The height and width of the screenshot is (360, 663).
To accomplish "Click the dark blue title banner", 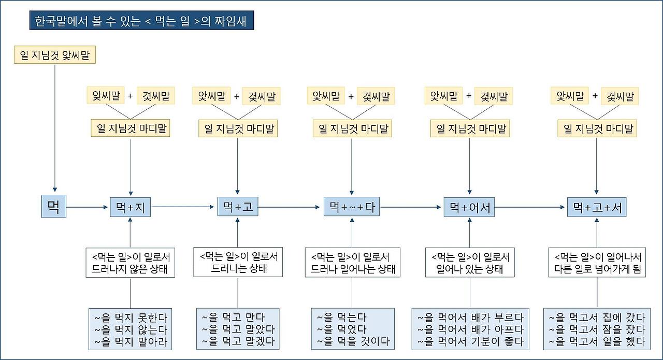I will click(x=142, y=21).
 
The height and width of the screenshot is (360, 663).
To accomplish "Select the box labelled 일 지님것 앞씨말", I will click(x=54, y=55).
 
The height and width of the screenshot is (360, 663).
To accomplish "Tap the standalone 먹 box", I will click(x=54, y=207).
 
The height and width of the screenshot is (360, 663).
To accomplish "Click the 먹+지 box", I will click(x=130, y=207).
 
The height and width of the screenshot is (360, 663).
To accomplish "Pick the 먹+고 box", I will click(x=238, y=207).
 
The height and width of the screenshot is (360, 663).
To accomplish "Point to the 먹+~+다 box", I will click(x=352, y=207).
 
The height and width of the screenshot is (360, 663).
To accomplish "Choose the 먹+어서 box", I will click(x=469, y=207).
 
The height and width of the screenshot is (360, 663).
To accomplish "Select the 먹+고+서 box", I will click(x=597, y=207).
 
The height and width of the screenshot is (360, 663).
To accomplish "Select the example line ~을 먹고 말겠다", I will click(x=238, y=341).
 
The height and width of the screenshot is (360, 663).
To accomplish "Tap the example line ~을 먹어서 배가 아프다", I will click(x=470, y=329).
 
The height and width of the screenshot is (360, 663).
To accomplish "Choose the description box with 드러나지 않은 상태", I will click(x=130, y=263).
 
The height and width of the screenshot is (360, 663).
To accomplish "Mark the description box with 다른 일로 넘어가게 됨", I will click(x=597, y=263).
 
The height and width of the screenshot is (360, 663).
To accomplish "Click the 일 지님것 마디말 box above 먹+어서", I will click(x=470, y=128).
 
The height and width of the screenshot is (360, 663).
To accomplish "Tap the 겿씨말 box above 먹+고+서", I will click(x=619, y=96).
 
